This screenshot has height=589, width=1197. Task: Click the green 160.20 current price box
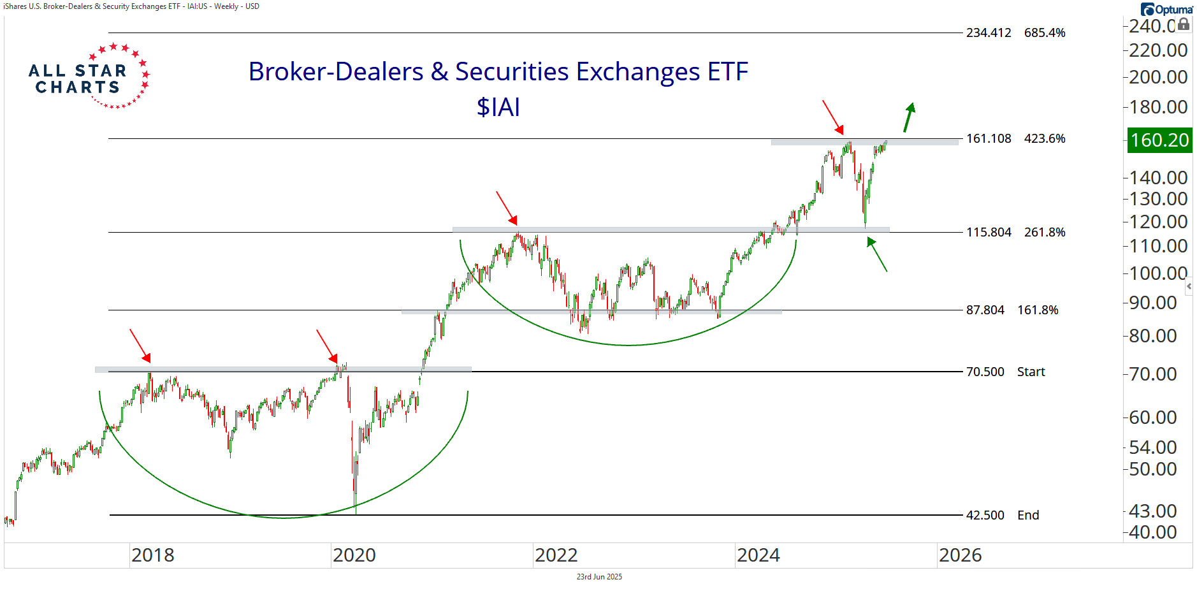(x=1159, y=140)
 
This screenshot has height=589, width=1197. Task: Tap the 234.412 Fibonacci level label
(x=988, y=33)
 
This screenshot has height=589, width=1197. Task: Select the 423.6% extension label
(x=1045, y=139)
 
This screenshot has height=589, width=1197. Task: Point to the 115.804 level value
(x=988, y=233)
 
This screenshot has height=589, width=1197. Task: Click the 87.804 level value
(x=985, y=310)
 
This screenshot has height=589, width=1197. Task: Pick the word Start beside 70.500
(x=1031, y=372)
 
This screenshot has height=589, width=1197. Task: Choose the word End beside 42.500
(x=1027, y=516)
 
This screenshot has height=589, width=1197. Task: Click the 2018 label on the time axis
(x=153, y=555)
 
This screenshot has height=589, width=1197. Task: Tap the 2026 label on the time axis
(x=960, y=555)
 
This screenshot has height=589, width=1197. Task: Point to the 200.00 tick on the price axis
(x=1158, y=77)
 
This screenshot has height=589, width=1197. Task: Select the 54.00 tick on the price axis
(x=1152, y=447)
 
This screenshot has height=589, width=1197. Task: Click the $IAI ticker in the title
(x=498, y=107)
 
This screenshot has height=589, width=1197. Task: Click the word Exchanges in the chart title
(x=637, y=72)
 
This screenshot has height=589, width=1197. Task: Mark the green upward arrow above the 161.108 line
(x=909, y=117)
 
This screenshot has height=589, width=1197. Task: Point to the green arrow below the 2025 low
(x=877, y=254)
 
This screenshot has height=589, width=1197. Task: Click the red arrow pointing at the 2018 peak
(x=140, y=345)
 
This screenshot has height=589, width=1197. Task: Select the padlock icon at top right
(x=1184, y=24)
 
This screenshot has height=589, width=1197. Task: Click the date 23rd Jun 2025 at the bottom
(x=599, y=577)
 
